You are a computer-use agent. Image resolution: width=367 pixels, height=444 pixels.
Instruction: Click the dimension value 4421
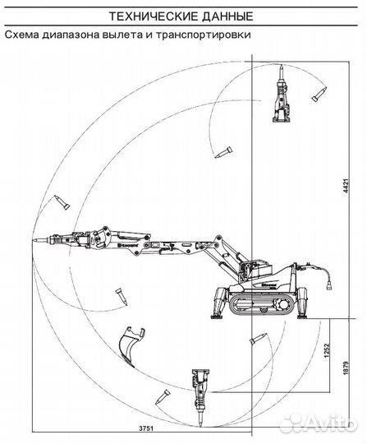coord(346,186)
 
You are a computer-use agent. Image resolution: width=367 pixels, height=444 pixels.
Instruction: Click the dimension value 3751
coord(146,428)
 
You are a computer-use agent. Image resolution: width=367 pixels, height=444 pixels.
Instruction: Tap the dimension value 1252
coord(327,350)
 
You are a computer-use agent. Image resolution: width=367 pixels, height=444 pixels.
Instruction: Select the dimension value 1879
coord(346,368)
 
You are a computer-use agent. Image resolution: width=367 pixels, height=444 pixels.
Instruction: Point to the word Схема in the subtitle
coord(22,35)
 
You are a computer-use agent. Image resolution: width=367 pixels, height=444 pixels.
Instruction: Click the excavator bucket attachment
coord(131,346)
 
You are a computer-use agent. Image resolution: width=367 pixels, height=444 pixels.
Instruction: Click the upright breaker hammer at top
coord(282,95)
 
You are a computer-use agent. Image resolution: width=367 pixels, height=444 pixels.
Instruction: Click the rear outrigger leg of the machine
coord(302,303)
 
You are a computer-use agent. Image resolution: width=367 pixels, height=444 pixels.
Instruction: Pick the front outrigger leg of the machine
coord(221,303)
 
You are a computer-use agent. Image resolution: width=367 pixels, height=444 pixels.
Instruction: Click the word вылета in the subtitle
coord(122,35)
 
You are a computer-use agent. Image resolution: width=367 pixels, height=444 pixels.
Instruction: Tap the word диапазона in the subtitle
coord(71,35)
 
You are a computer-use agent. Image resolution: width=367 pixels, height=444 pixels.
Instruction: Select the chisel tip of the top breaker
coord(282,68)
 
